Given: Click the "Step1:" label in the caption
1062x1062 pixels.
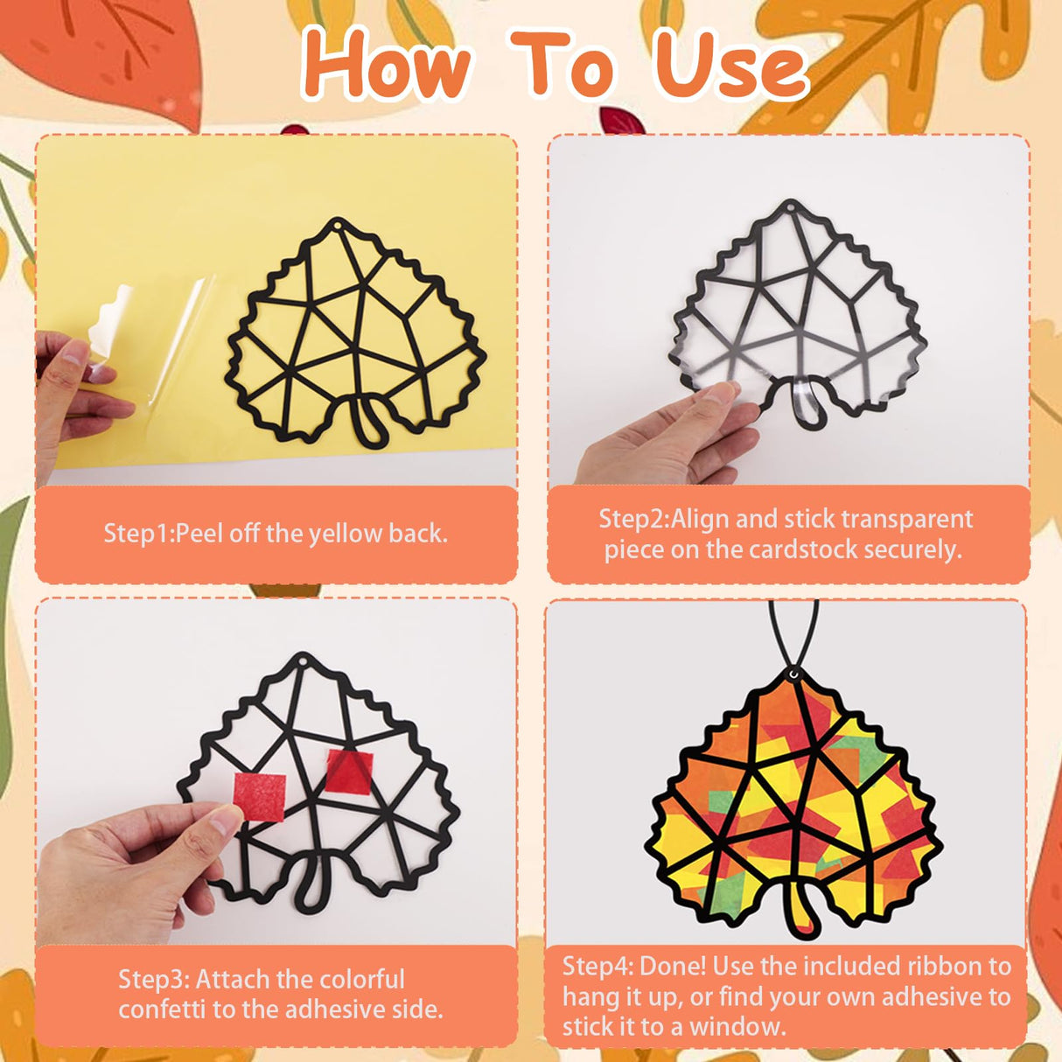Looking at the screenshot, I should pyautogui.click(x=138, y=533).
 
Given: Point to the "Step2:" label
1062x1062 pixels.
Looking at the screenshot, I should pyautogui.click(x=633, y=519).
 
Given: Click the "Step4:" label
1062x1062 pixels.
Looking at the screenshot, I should pyautogui.click(x=597, y=966).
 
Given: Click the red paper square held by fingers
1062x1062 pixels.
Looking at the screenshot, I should pyautogui.click(x=260, y=796).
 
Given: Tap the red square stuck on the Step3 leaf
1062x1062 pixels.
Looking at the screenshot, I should pyautogui.click(x=350, y=771).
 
